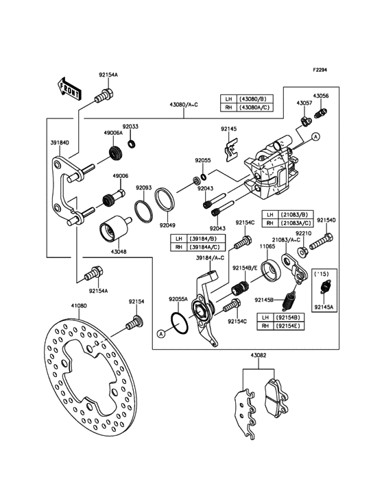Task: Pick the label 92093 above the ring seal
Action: [143, 188]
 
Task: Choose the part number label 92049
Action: [167, 224]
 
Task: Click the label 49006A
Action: [113, 133]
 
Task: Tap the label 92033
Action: [130, 127]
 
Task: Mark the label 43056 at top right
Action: [321, 97]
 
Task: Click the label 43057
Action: [304, 103]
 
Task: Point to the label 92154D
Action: [326, 220]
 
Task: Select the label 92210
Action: [304, 233]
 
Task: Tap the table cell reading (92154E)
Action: [289, 327]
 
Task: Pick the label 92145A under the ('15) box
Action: [323, 308]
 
